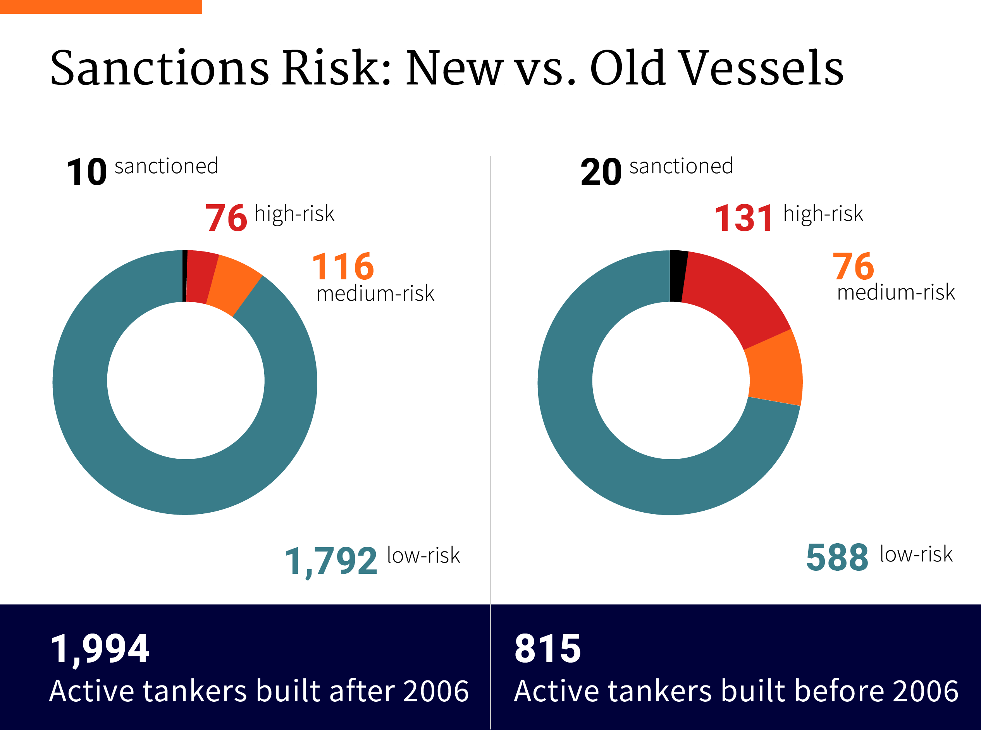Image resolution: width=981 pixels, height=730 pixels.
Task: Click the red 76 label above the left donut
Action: [226, 218]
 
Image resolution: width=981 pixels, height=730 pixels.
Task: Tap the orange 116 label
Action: [343, 266]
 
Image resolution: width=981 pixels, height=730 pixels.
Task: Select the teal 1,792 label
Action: [331, 561]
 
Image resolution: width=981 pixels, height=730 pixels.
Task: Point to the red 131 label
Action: [744, 218]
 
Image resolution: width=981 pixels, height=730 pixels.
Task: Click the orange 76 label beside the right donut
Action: [853, 266]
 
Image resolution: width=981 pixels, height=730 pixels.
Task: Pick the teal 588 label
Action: [837, 557]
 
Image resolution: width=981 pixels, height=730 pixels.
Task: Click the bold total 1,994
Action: [100, 649]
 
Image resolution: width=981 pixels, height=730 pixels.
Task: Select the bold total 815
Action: [547, 649]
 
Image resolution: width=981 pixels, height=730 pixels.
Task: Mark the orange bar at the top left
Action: [101, 7]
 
